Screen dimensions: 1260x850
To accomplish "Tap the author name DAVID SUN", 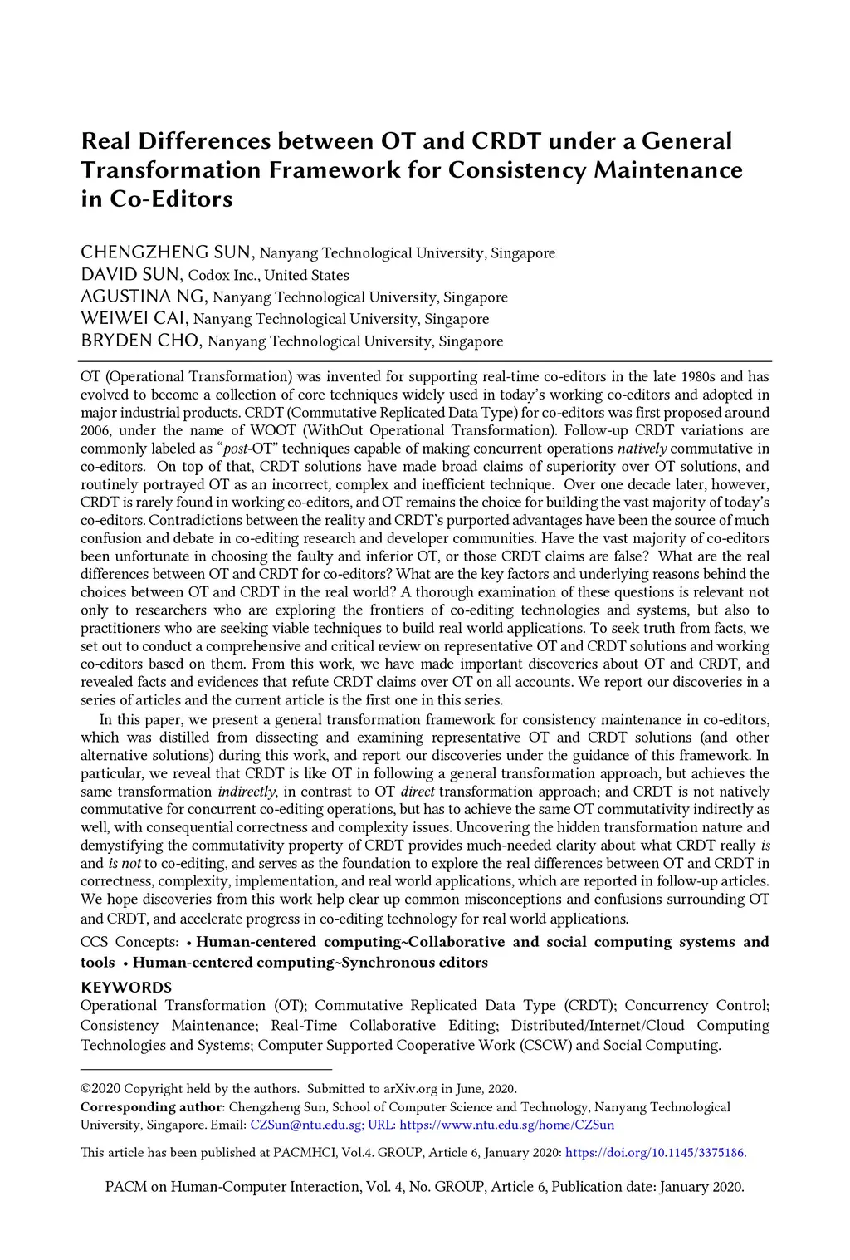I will pos(130,275).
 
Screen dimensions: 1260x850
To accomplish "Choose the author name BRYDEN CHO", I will pos(139,341).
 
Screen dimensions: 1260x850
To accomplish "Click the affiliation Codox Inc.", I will pos(224,275).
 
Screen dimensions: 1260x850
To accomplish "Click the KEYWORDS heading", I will pos(126,987).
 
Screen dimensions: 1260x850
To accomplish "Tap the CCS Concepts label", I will pos(129,942).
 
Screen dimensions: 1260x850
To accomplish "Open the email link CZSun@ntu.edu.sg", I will pos(306,1125).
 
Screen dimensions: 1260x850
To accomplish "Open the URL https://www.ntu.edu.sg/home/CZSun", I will pos(507,1125).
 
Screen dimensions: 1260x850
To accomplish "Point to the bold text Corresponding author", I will pos(151,1107).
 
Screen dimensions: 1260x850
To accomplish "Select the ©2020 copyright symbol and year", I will pos(100,1088).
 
